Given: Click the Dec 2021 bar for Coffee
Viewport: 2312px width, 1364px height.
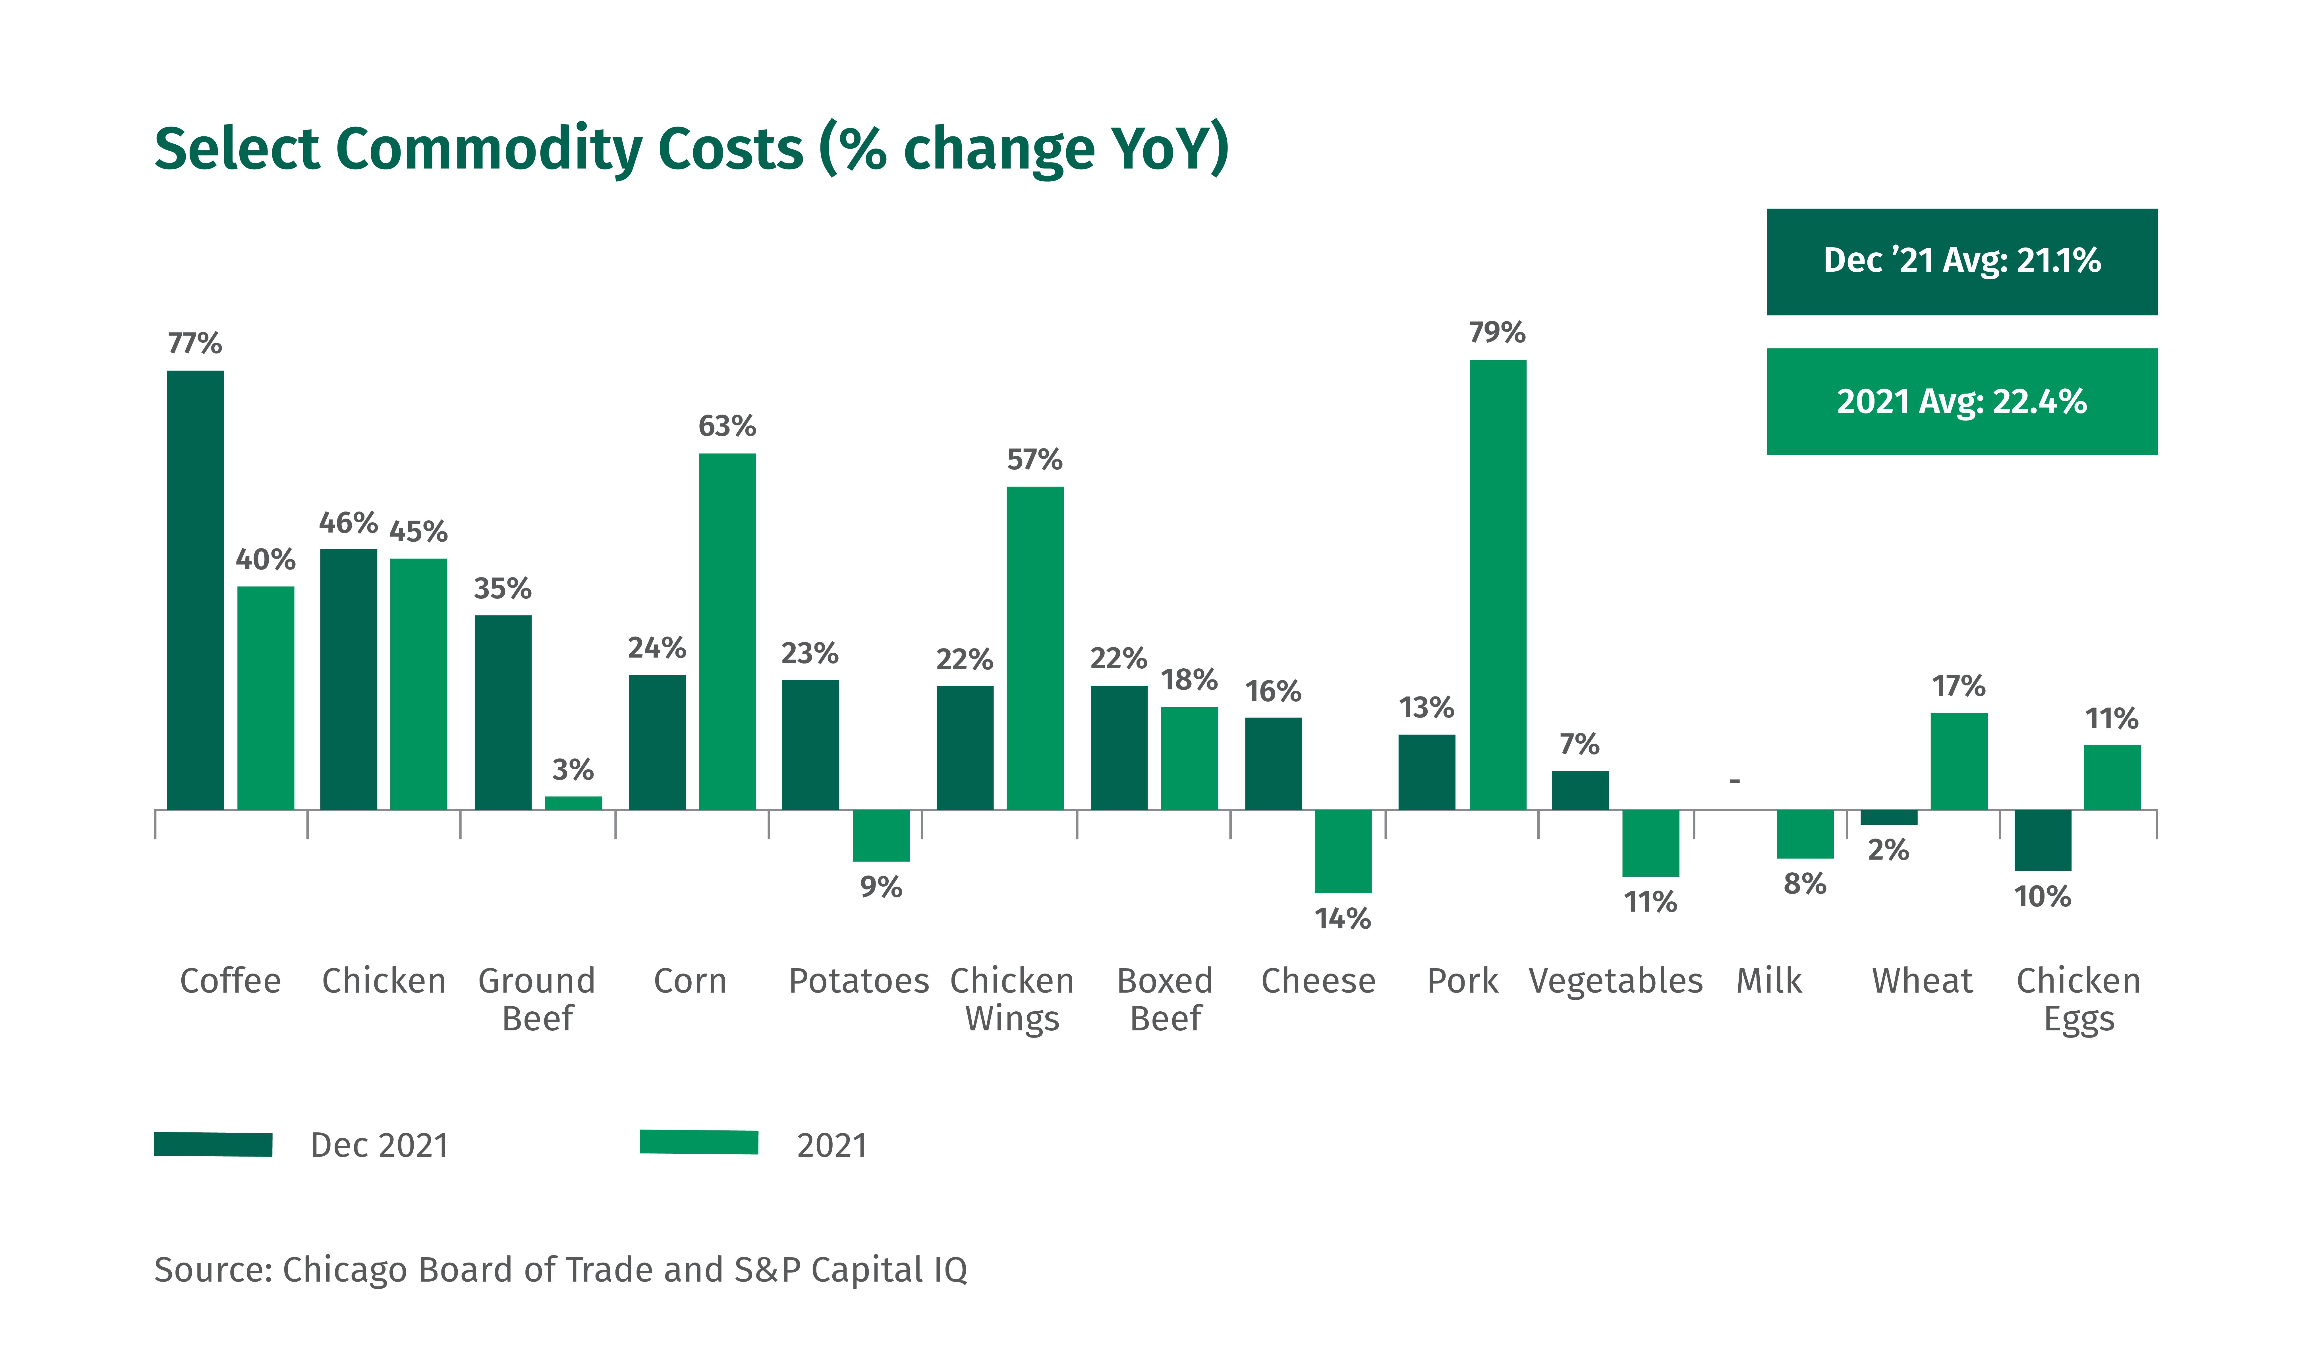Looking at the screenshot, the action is click(195, 590).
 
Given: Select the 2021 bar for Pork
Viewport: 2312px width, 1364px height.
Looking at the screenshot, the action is click(1498, 585).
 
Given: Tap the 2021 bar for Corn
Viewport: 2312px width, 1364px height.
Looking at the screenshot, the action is click(727, 631).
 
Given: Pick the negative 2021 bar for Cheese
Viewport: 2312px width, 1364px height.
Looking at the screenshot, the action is click(1343, 851).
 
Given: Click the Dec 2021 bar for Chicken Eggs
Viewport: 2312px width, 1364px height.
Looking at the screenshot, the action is click(2043, 840).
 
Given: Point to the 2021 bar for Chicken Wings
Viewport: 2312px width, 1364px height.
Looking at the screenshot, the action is click(1035, 648).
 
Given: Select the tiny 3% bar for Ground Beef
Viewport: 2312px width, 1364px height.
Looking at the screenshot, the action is click(574, 803).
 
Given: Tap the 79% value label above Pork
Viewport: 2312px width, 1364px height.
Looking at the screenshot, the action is click(1498, 332).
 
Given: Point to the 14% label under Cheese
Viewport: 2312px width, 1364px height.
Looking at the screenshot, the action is click(1343, 918).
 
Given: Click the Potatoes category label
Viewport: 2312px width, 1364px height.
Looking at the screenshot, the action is click(859, 981).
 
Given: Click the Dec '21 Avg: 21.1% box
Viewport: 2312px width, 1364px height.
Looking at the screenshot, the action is click(1962, 262).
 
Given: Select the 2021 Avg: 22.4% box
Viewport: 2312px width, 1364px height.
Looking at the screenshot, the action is click(1962, 402).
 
